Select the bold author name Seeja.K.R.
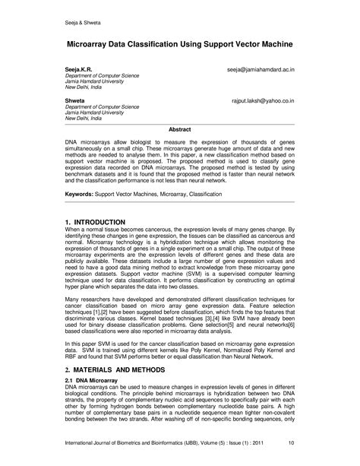pos(80,69)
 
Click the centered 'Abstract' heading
pos(179,129)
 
